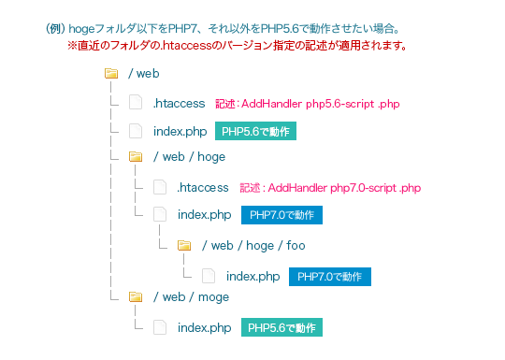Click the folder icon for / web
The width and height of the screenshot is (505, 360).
[111, 73]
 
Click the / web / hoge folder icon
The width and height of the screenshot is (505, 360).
[136, 156]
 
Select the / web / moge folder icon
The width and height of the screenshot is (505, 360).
[136, 296]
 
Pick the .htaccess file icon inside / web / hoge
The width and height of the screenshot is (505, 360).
[160, 187]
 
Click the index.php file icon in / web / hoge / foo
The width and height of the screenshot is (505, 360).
[209, 276]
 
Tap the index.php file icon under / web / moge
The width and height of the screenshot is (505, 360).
[160, 327]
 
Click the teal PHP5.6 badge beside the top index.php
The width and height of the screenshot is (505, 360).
[255, 131]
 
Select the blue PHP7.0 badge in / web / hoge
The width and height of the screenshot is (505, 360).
[282, 215]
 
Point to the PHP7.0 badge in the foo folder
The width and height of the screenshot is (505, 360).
[331, 276]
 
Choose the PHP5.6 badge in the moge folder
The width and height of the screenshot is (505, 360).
[282, 327]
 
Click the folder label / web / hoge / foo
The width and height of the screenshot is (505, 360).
[252, 246]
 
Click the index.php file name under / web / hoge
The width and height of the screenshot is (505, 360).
[204, 215]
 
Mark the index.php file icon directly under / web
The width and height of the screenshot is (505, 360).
[136, 131]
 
